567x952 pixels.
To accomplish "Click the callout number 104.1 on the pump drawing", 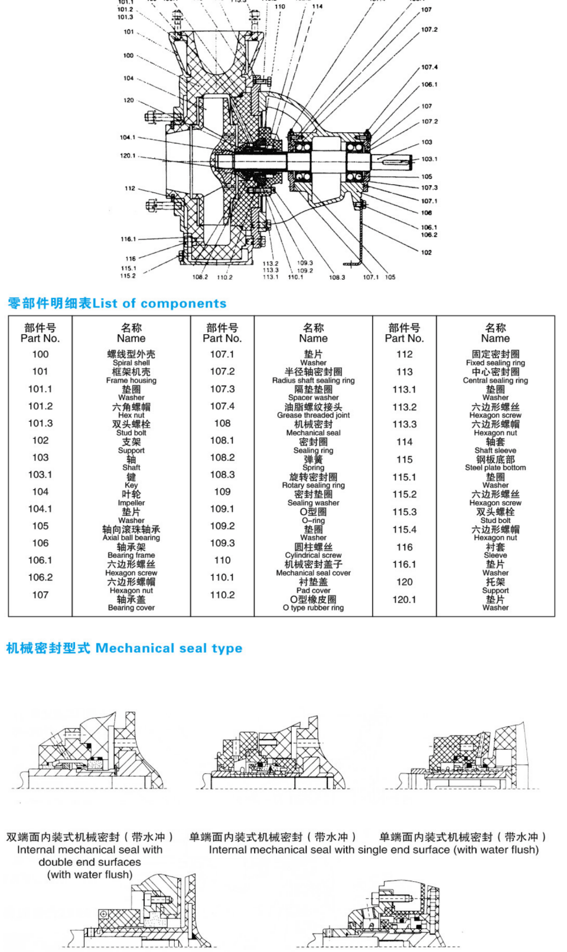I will (x=128, y=138).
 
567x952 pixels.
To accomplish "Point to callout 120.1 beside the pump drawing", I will (x=128, y=156).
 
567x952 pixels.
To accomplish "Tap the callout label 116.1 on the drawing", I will (x=128, y=239).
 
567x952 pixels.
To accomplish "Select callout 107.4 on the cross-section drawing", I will (x=429, y=67).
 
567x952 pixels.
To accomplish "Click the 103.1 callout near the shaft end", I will (x=429, y=159).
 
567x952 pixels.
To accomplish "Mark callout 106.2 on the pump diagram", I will (x=429, y=235).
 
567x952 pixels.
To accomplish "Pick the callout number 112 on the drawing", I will (x=130, y=188).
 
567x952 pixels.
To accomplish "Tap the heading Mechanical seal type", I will (x=169, y=648).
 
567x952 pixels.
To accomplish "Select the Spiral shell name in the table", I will (x=131, y=363).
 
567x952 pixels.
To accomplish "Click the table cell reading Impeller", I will (x=131, y=503).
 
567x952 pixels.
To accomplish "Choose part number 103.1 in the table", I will (x=40, y=475).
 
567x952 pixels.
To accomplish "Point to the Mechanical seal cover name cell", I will (x=313, y=572).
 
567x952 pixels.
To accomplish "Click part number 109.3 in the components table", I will (x=222, y=543).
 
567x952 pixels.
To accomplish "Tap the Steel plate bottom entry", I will (x=495, y=467).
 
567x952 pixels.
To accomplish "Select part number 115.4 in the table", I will (x=404, y=530).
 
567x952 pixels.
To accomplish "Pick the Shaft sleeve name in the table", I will (x=495, y=450).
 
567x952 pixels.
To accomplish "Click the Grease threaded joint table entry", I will (x=313, y=416).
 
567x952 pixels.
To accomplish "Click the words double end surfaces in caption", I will (x=90, y=862).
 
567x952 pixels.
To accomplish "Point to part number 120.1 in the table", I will (x=404, y=600).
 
